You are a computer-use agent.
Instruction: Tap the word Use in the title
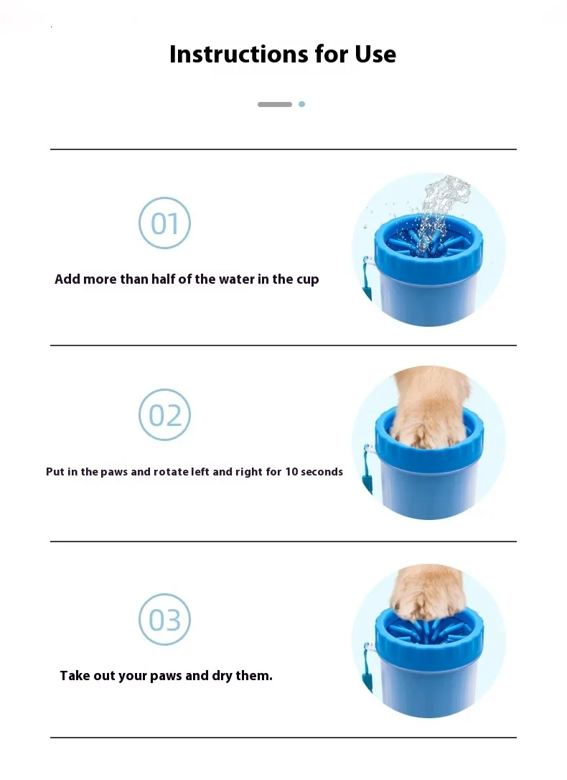375,54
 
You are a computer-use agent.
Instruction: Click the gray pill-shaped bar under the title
275,104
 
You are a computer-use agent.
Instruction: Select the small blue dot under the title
301,104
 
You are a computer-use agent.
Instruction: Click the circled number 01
164,223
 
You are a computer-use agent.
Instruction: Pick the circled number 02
164,415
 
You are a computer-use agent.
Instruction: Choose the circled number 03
164,619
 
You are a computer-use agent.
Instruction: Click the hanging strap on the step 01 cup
367,279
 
